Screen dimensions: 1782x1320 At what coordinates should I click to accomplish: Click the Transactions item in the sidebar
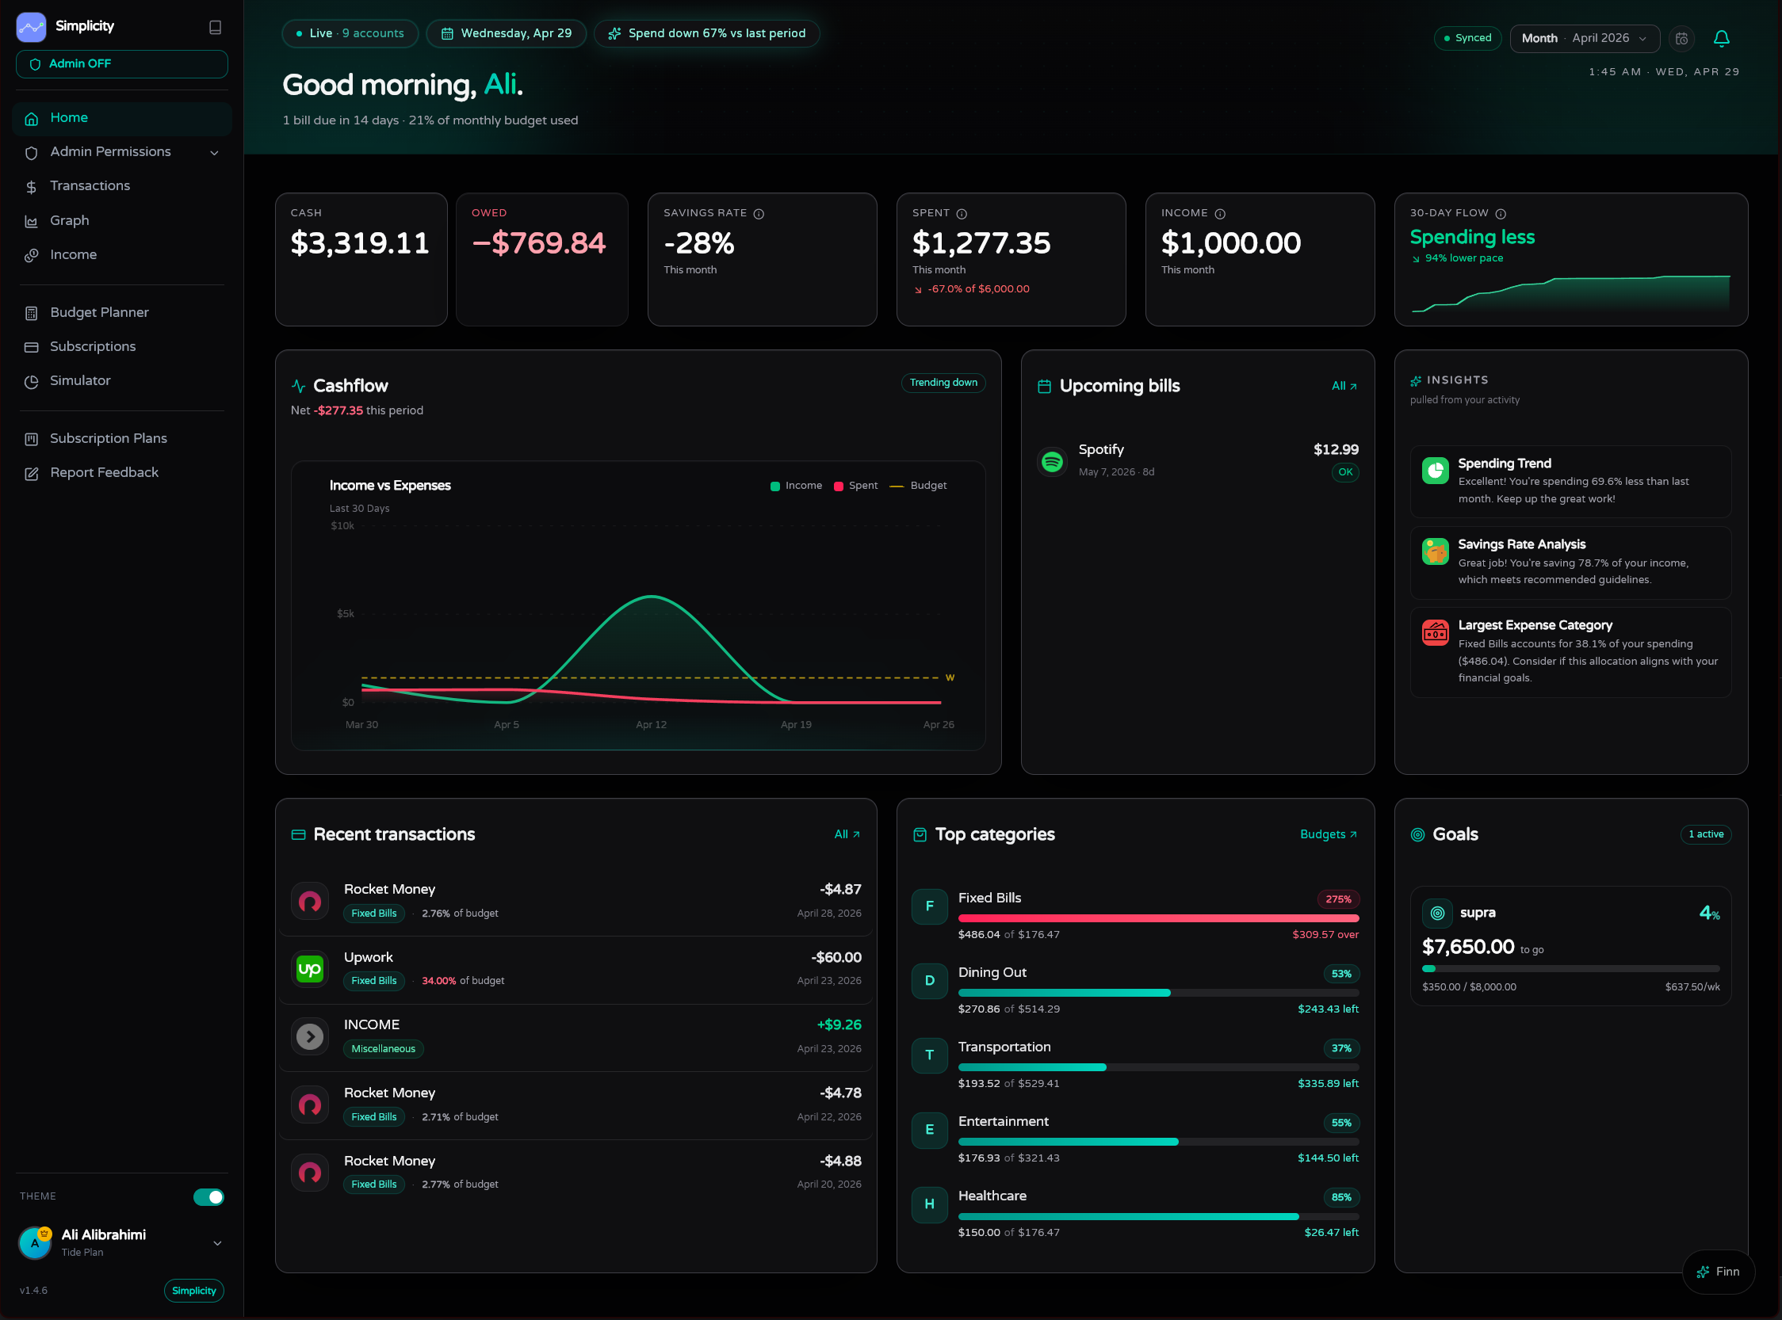(x=90, y=186)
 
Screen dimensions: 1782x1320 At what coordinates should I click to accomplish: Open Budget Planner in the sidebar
(x=99, y=312)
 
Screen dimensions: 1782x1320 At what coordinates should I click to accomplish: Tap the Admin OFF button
(x=121, y=64)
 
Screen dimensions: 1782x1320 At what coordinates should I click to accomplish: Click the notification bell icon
(x=1721, y=38)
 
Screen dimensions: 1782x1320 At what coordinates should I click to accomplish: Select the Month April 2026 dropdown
(x=1584, y=38)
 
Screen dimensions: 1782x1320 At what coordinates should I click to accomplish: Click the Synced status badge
(x=1468, y=38)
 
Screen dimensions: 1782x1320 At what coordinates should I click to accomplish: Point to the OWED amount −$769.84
(x=539, y=243)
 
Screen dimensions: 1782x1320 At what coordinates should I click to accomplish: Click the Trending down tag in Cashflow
(x=943, y=383)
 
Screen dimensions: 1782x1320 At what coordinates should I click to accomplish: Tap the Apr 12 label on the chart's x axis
(x=651, y=725)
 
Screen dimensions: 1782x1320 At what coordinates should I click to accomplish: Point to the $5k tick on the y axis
(x=346, y=614)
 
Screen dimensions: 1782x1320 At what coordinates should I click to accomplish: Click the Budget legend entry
(x=918, y=486)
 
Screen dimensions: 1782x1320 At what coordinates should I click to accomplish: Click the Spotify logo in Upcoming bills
(x=1052, y=461)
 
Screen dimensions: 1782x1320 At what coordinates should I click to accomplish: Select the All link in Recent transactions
(x=847, y=834)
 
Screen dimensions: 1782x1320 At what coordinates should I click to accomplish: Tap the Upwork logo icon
(x=309, y=969)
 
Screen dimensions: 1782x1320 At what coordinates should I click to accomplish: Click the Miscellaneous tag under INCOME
(x=383, y=1049)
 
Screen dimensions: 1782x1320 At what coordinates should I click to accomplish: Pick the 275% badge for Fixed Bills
(x=1338, y=900)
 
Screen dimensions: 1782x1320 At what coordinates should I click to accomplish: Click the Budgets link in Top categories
(x=1328, y=834)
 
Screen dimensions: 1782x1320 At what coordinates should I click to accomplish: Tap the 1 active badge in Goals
(x=1706, y=834)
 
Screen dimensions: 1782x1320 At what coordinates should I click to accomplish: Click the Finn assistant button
(x=1718, y=1271)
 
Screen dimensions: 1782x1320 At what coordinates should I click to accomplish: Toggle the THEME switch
(x=208, y=1197)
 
